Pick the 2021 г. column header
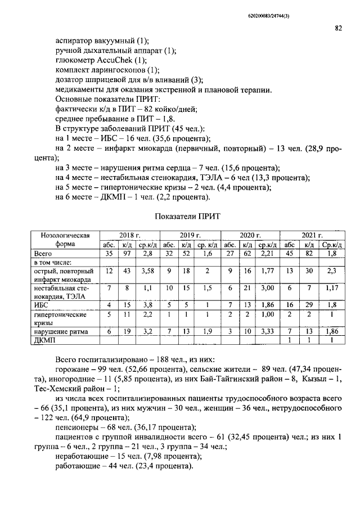click(x=312, y=235)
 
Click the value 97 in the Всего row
click(x=127, y=254)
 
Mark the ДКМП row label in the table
click(x=45, y=340)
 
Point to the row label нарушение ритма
click(x=63, y=332)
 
